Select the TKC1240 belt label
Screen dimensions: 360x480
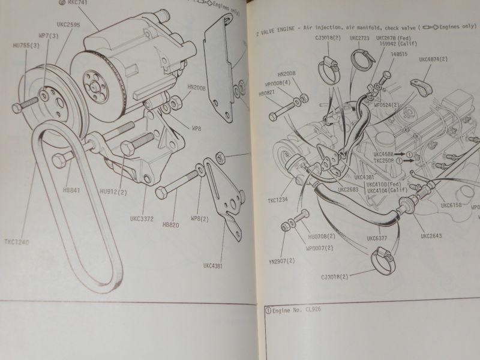[x=15, y=242]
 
